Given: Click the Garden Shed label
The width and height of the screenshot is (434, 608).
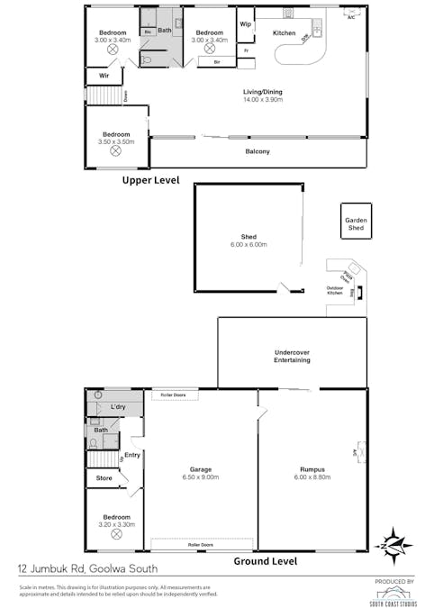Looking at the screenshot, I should coord(357,224).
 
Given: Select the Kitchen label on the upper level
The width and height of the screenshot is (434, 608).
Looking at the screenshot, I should coord(284,33).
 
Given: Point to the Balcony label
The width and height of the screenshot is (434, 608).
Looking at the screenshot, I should coord(258,151).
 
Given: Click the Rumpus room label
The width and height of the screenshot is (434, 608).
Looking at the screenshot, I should coord(312,469).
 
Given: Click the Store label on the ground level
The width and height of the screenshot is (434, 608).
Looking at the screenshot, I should coord(104,477).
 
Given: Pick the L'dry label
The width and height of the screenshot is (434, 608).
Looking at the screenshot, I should coord(118,408).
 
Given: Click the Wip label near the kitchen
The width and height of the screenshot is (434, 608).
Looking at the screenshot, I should coord(244,23).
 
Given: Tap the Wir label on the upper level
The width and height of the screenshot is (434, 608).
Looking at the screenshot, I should coord(104,77).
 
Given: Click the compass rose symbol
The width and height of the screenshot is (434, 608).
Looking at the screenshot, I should coord(395,544).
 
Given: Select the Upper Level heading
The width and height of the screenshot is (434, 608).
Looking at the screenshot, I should coord(150,180).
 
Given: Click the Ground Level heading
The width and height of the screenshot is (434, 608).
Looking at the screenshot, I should coord(266,560).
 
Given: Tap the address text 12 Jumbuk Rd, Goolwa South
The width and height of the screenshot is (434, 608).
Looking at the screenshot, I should coord(87,568).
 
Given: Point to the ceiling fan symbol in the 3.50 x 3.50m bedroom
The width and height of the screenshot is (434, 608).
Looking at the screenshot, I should coord(114,153).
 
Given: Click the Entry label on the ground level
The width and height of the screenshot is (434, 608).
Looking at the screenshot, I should coord(132,455).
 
